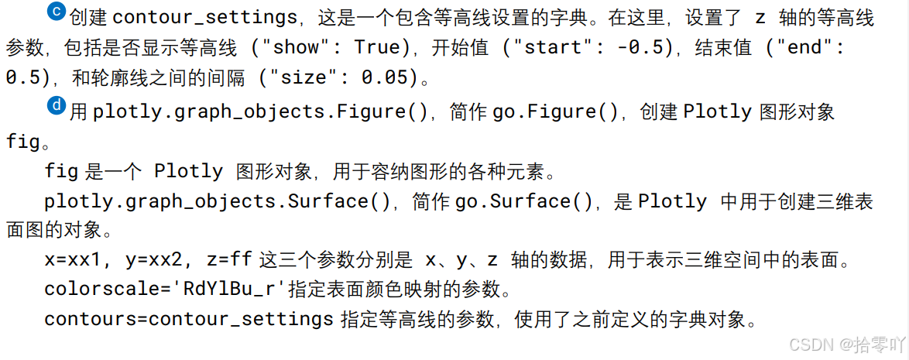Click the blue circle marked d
pyautogui.click(x=57, y=105)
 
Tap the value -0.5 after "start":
pyautogui.click(x=642, y=46)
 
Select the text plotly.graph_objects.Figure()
pyautogui.click(x=261, y=112)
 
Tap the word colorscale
pyautogui.click(x=96, y=290)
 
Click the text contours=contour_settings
pyautogui.click(x=189, y=319)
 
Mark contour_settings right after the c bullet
pyautogui.click(x=205, y=16)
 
